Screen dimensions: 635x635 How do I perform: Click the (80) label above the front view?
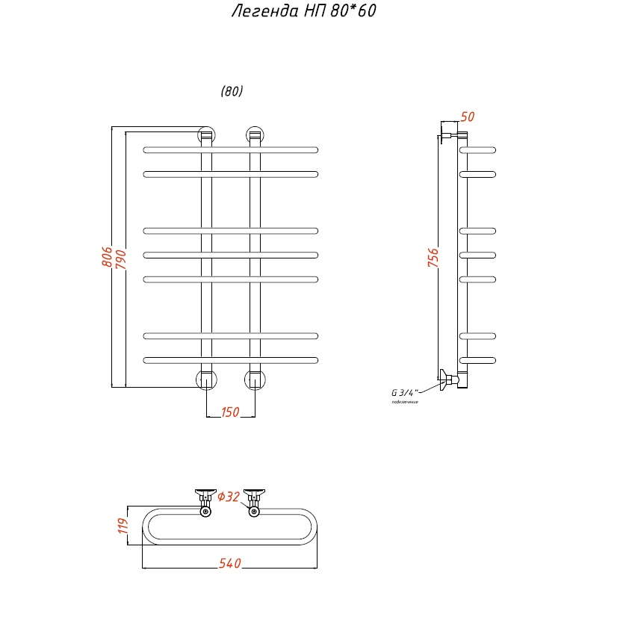[232, 92]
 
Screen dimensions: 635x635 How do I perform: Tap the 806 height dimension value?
[107, 258]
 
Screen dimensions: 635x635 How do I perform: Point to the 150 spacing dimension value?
[230, 412]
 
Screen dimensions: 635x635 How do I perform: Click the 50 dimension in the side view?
[468, 117]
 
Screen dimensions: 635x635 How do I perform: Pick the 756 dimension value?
[433, 258]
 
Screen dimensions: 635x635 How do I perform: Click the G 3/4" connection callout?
[405, 392]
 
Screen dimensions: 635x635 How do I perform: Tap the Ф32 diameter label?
[229, 497]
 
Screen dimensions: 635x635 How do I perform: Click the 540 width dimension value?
[230, 563]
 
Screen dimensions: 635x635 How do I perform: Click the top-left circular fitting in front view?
[206, 135]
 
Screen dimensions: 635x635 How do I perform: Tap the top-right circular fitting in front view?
[255, 135]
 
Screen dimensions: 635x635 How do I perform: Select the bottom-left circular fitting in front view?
[206, 380]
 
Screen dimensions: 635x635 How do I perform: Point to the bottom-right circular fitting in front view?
[255, 380]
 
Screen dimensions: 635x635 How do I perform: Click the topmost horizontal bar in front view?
[231, 149]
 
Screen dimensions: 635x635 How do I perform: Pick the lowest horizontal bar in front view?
[231, 360]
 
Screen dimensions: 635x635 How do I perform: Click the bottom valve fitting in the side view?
[450, 380]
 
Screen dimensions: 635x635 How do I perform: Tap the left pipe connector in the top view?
[205, 502]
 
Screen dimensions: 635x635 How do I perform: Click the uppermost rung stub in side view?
[477, 149]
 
